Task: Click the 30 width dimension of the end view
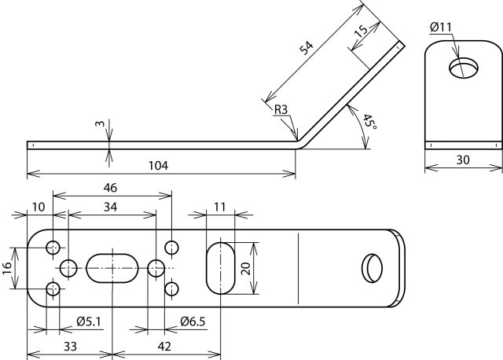[464, 159]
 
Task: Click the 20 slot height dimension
[246, 268]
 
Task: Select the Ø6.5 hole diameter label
[193, 321]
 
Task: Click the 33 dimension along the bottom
[69, 346]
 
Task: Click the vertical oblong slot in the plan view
[221, 268]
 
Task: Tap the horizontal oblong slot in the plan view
[112, 268]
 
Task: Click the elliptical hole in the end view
[463, 67]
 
